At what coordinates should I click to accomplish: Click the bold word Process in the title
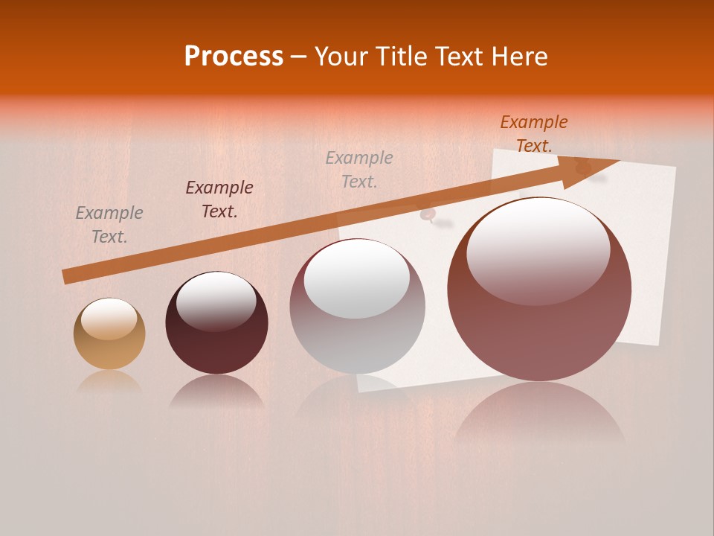[x=234, y=57]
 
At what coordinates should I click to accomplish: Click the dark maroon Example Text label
[x=219, y=200]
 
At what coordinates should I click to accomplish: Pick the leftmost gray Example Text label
[x=109, y=225]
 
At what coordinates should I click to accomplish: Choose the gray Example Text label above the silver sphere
[x=359, y=169]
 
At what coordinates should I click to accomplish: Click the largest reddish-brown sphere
[x=539, y=328]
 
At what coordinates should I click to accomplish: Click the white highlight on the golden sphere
[x=109, y=319]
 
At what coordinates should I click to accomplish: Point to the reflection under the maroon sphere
[x=216, y=391]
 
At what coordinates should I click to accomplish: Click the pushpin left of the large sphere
[x=429, y=216]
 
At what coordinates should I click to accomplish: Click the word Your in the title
[x=341, y=57]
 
